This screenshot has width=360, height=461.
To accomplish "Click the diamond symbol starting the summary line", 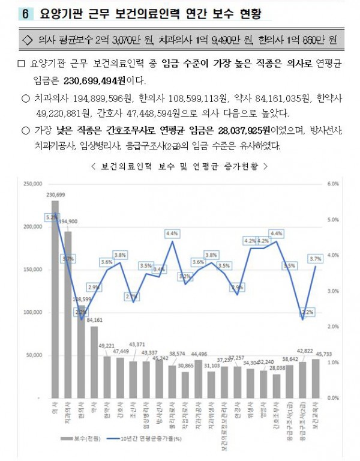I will pyautogui.click(x=26, y=40).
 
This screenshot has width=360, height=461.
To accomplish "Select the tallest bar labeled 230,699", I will pyautogui.click(x=55, y=300).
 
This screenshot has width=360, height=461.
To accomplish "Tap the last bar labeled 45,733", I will pyautogui.click(x=316, y=378).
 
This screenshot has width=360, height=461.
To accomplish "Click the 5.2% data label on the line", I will pyautogui.click(x=52, y=217).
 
